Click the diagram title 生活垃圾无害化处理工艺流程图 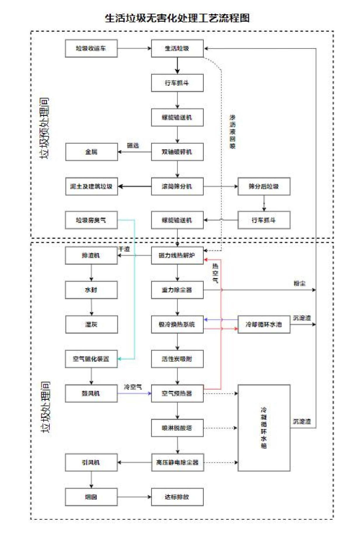point(177,18)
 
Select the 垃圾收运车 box point(91,48)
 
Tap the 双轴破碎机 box point(177,152)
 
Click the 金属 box point(91,152)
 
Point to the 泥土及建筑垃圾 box point(91,186)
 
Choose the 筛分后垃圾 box point(264,186)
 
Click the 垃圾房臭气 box point(91,220)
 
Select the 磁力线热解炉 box point(177,256)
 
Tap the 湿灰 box point(91,324)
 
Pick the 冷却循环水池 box point(264,324)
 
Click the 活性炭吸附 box point(177,359)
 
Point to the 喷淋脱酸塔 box point(177,428)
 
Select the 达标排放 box point(177,497)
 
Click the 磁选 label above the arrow point(133,145)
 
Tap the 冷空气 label point(133,387)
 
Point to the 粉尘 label point(300,283)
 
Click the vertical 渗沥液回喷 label point(232,132)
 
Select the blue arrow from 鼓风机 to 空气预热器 point(134,394)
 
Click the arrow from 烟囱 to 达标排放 point(134,497)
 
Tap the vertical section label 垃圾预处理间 point(45,129)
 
